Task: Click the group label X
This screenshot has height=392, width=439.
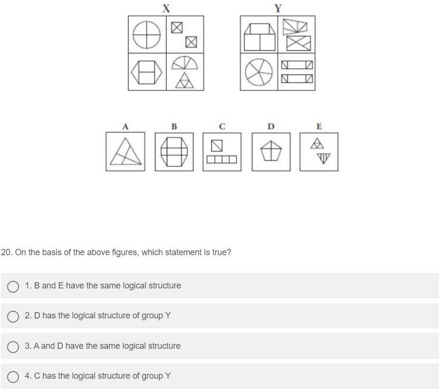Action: coord(166,7)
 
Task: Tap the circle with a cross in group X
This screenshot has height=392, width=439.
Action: coord(147,35)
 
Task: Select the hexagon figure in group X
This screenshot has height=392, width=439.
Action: coord(147,72)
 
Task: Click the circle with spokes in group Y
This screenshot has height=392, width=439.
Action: coord(259,72)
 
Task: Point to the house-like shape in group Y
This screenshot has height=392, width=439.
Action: coord(259,37)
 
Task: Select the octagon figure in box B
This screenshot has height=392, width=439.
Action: coord(174,152)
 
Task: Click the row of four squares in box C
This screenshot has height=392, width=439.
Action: coord(222,160)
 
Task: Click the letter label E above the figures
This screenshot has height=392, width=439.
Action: coord(319,126)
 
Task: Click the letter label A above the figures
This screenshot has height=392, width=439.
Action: coord(125,126)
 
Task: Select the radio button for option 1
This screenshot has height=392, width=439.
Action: coord(13,286)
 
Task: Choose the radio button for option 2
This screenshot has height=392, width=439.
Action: coord(13,316)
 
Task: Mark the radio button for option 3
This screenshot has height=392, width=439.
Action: coord(13,346)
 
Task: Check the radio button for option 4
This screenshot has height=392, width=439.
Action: coord(13,376)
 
